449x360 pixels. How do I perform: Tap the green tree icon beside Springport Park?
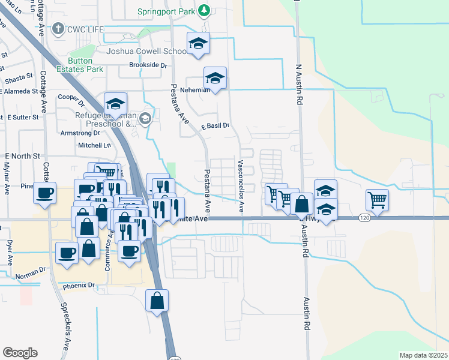[204, 11]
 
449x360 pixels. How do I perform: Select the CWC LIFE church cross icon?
[58, 29]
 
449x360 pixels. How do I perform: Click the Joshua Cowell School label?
[146, 52]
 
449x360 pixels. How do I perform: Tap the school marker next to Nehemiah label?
[215, 79]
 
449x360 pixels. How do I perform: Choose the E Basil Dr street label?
[215, 126]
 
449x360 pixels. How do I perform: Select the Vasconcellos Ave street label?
[241, 186]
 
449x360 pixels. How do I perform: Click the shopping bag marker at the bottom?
[157, 301]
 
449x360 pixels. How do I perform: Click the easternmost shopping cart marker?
[377, 200]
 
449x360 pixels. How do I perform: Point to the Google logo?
[20, 352]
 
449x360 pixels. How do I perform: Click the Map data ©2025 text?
[423, 355]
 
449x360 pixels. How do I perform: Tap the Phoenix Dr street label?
[79, 286]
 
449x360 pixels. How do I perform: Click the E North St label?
[22, 155]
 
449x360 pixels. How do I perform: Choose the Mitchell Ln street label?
[95, 145]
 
